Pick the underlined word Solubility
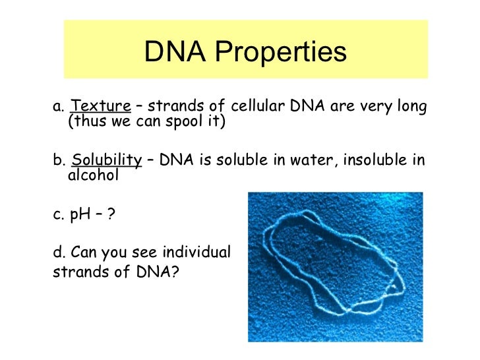coord(107,160)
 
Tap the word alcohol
coord(93,175)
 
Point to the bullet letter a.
coord(57,107)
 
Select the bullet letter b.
coord(57,160)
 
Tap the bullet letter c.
coord(57,215)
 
